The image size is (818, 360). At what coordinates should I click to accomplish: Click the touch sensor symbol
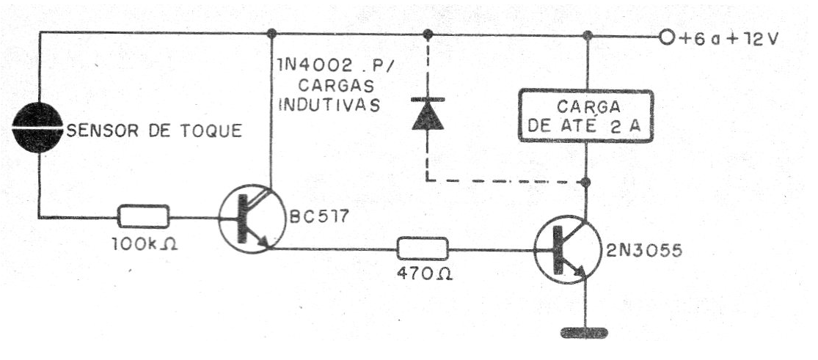38,128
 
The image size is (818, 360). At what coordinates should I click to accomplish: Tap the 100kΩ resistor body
144,216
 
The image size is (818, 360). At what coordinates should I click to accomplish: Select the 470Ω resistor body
423,249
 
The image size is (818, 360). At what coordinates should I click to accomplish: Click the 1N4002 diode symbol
428,114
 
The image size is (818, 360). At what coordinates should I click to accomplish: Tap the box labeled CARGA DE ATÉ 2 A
586,116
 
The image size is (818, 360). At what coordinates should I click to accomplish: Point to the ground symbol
584,332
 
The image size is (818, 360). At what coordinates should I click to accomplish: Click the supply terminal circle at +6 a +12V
667,37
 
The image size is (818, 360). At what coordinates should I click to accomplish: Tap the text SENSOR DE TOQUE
154,131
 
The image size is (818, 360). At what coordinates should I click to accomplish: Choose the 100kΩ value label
145,243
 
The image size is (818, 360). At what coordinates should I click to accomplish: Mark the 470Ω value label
424,274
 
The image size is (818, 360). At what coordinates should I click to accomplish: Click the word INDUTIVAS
329,105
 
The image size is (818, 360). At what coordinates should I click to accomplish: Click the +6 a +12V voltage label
729,37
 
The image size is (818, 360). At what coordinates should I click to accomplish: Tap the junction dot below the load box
586,182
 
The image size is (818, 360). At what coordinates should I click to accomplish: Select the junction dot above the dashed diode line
428,34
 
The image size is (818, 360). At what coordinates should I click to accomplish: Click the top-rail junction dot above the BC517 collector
271,34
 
